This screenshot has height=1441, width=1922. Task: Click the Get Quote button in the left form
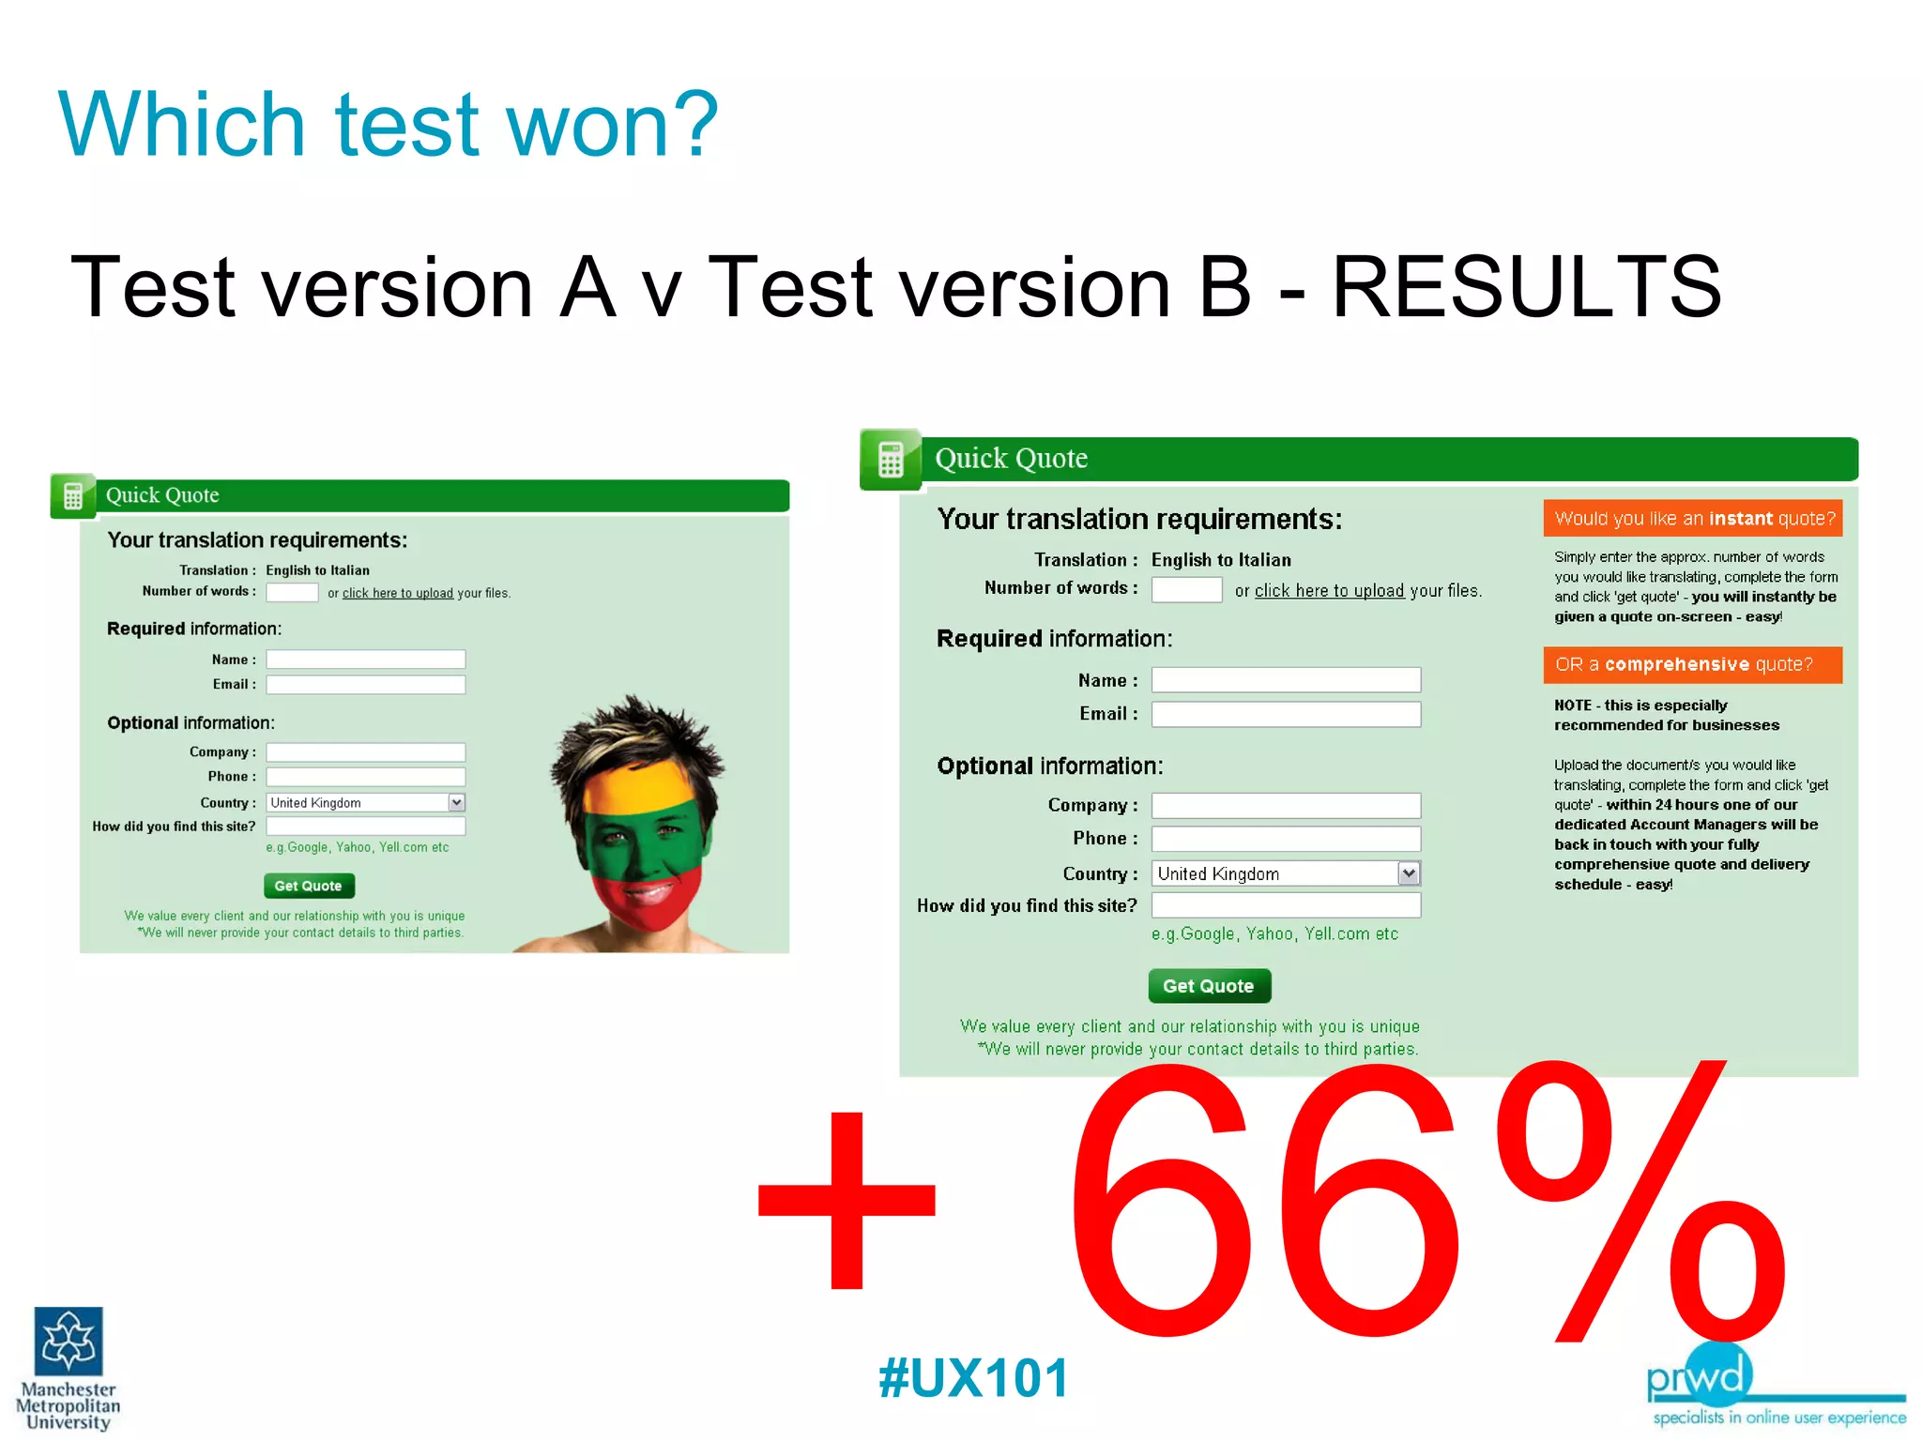click(x=309, y=886)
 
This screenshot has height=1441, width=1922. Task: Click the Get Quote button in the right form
click(x=1209, y=986)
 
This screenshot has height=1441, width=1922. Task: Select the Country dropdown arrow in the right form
click(x=1409, y=873)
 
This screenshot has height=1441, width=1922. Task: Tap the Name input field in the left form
click(x=365, y=660)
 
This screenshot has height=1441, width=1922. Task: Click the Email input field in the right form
click(x=1286, y=715)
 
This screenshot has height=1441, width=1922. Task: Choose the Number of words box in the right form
click(x=1186, y=590)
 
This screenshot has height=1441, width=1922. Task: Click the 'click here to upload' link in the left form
click(x=397, y=593)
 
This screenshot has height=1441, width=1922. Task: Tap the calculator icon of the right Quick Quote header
click(x=891, y=460)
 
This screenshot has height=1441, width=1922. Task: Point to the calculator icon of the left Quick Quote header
click(x=73, y=496)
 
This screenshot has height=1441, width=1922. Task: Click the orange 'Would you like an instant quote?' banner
click(x=1693, y=519)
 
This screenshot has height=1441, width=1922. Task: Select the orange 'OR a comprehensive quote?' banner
click(x=1693, y=665)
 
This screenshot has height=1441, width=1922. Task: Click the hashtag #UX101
click(x=973, y=1378)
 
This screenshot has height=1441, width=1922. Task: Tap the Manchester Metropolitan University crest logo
click(x=69, y=1342)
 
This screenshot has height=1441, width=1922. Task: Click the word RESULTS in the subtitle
click(x=1526, y=286)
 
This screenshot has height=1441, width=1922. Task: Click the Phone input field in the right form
click(x=1286, y=839)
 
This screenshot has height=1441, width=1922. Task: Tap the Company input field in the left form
click(x=365, y=752)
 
